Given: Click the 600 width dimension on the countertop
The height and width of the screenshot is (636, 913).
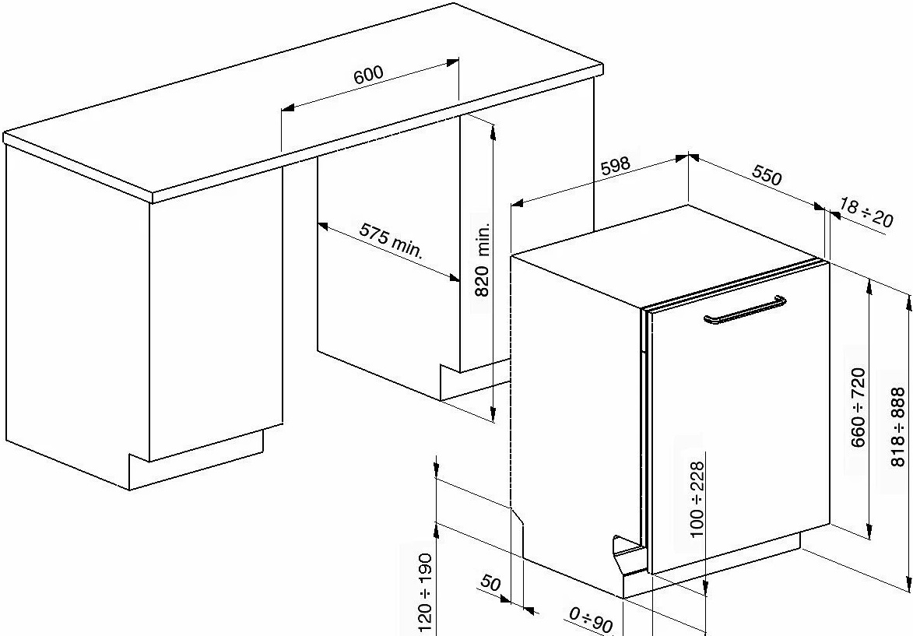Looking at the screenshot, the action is click(369, 74).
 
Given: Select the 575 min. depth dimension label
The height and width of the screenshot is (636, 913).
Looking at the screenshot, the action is click(391, 239).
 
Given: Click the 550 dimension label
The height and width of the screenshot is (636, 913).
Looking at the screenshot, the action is click(767, 174).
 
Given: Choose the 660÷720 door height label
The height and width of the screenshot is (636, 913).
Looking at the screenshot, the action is click(859, 407).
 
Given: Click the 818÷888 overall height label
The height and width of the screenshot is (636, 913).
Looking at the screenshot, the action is click(898, 427).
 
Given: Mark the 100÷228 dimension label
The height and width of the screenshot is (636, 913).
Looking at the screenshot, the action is click(697, 499).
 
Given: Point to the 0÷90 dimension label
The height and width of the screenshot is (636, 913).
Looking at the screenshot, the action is click(591, 620).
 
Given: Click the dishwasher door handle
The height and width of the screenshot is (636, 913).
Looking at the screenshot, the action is click(745, 310).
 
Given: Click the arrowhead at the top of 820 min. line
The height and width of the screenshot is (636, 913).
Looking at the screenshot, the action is click(493, 132).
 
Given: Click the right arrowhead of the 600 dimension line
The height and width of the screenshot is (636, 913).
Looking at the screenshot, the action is click(452, 61).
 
